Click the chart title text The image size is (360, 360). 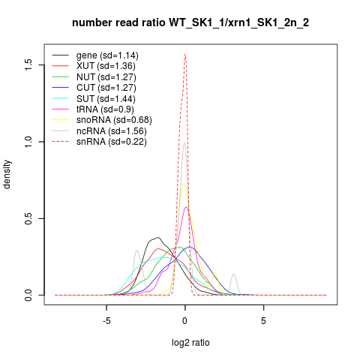(190, 22)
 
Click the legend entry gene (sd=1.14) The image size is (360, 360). (107, 55)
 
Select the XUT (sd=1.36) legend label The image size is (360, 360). (106, 66)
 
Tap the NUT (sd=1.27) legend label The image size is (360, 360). (106, 77)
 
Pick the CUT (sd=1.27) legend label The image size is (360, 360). (106, 88)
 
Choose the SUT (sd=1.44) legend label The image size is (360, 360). (106, 99)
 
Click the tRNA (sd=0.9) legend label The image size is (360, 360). (105, 109)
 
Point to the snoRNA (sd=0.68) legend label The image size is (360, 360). (114, 120)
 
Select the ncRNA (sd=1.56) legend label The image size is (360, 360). (112, 131)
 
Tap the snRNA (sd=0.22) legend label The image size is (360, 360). (112, 142)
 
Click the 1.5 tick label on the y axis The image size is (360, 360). (28, 65)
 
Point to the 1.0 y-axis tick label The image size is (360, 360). (28, 142)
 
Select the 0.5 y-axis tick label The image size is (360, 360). (28, 218)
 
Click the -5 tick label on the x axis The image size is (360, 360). (106, 321)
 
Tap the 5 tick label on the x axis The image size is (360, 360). (263, 321)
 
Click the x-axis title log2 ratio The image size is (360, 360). (190, 343)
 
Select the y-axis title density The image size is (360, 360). (7, 175)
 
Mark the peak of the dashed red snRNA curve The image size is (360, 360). (185, 54)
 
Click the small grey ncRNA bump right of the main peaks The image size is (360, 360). (234, 274)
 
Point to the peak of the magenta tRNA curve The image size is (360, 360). (186, 207)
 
